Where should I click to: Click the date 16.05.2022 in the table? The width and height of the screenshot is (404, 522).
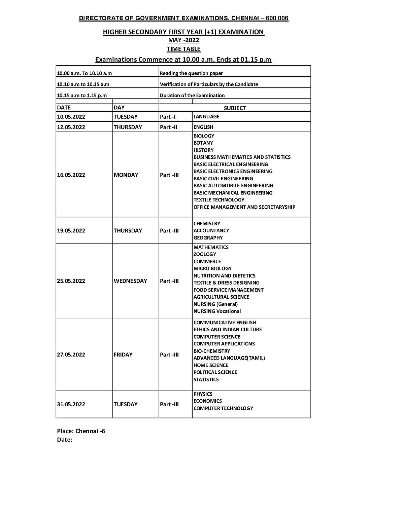pyautogui.click(x=71, y=175)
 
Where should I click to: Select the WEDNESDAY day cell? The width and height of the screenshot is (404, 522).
pyautogui.click(x=130, y=281)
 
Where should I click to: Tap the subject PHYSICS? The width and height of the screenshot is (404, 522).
pyautogui.click(x=203, y=394)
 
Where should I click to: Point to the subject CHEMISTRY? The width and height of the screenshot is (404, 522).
pyautogui.click(x=207, y=223)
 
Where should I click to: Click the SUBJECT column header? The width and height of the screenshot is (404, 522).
pyautogui.click(x=235, y=108)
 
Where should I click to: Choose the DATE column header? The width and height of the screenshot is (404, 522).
pyautogui.click(x=64, y=108)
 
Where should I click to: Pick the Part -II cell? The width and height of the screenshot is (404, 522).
pyautogui.click(x=168, y=127)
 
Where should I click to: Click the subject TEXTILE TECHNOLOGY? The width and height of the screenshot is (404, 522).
pyautogui.click(x=219, y=200)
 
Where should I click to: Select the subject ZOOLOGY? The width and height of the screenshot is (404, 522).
pyautogui.click(x=205, y=254)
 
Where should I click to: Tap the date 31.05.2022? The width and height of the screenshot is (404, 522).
pyautogui.click(x=71, y=404)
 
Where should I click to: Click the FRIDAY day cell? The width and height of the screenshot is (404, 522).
pyautogui.click(x=123, y=355)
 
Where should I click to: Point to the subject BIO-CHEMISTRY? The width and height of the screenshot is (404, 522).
pyautogui.click(x=212, y=351)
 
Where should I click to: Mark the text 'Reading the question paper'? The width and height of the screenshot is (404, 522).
pyautogui.click(x=191, y=73)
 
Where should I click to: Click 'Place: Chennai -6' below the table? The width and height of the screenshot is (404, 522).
pyautogui.click(x=81, y=431)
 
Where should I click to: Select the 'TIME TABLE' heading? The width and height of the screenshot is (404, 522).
pyautogui.click(x=183, y=49)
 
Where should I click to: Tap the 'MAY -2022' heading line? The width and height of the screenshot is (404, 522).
pyautogui.click(x=183, y=40)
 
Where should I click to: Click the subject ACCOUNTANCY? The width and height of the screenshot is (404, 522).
pyautogui.click(x=211, y=230)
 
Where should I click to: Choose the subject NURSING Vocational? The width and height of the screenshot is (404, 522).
pyautogui.click(x=217, y=311)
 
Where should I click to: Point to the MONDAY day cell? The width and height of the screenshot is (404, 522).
pyautogui.click(x=126, y=175)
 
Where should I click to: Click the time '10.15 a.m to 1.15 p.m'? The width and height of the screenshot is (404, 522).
pyautogui.click(x=82, y=96)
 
